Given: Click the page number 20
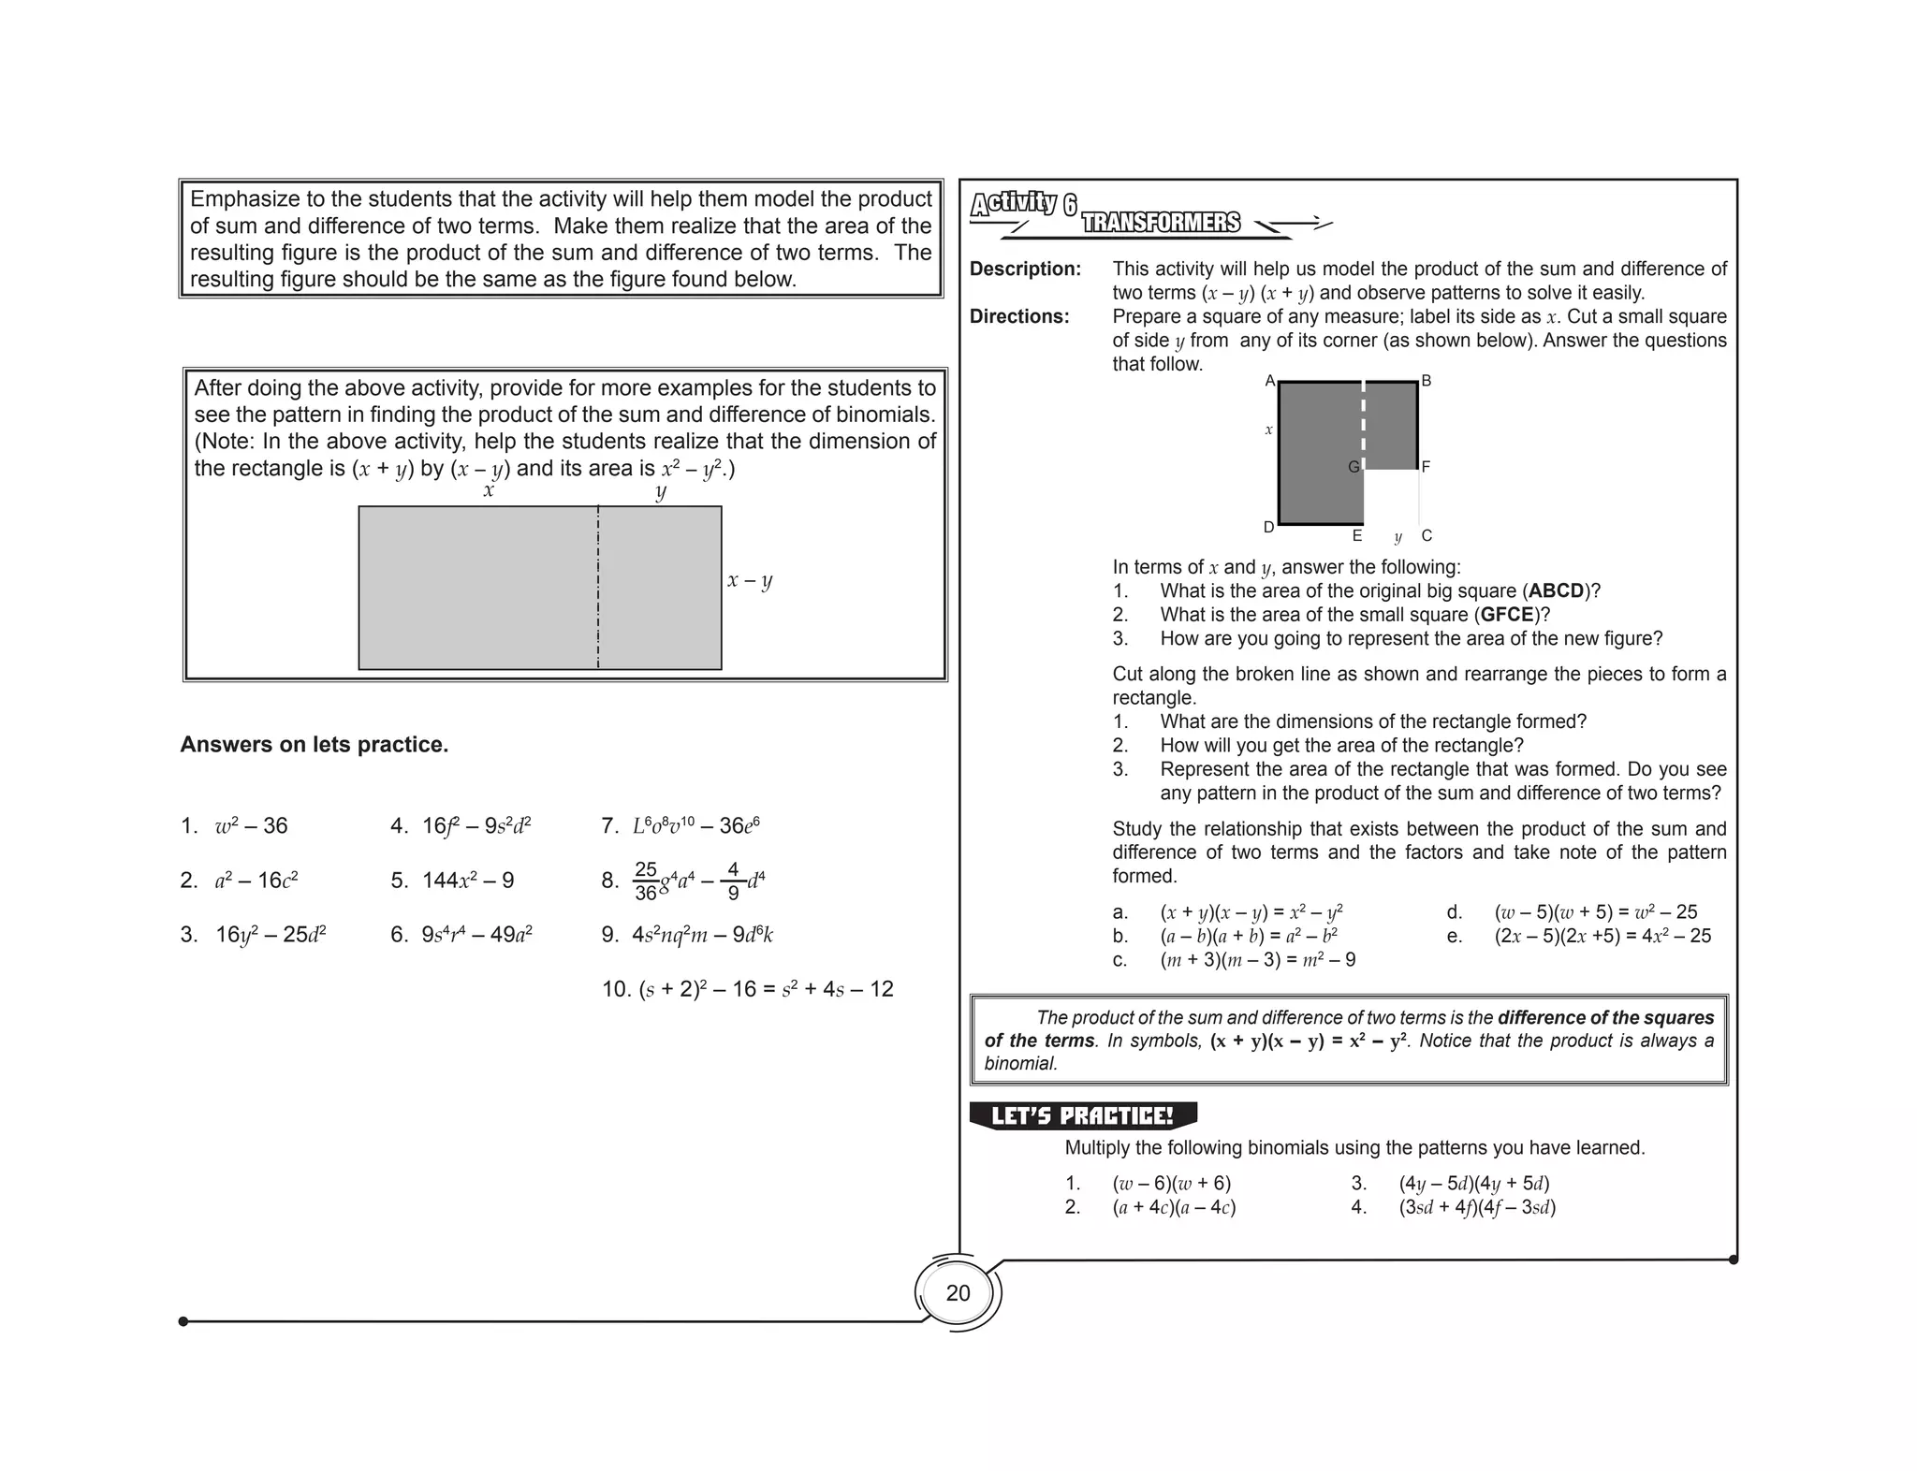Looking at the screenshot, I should [958, 1293].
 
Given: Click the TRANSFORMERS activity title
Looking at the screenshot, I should [1161, 223].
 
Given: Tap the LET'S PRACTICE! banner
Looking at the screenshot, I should [1082, 1115].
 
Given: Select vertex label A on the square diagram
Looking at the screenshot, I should [1269, 381].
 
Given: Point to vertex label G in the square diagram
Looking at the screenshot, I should [1353, 467].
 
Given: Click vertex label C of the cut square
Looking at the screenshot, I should [1427, 536].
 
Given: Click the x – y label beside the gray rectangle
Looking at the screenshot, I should [750, 580].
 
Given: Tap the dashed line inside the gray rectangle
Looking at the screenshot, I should [598, 588].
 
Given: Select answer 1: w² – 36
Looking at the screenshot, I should [250, 826].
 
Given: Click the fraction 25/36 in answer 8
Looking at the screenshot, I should [645, 881].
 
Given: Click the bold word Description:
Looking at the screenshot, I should [1025, 269].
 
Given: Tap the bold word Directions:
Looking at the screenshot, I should [1019, 316].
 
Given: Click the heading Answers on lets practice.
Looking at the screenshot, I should [315, 745].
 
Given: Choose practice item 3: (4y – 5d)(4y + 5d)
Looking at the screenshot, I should [1473, 1184].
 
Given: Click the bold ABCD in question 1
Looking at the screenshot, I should [1556, 591].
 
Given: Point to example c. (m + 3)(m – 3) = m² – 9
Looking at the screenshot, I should [1257, 960].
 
